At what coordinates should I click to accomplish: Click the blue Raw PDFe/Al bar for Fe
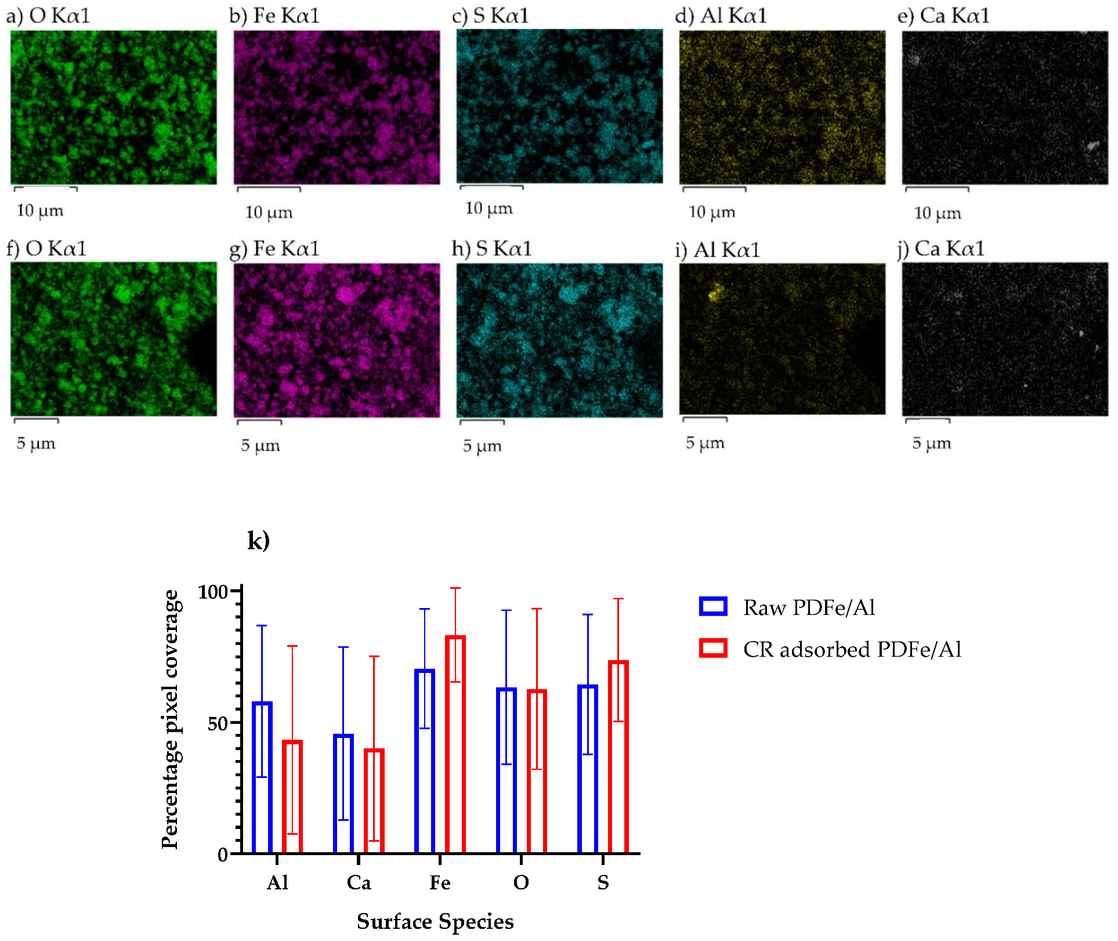tap(425, 760)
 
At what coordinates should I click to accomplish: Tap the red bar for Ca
tap(374, 801)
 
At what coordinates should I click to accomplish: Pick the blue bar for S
tap(588, 769)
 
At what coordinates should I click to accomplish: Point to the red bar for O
tap(537, 772)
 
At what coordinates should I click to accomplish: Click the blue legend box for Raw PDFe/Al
tap(713, 606)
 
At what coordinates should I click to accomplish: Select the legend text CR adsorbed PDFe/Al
tap(852, 649)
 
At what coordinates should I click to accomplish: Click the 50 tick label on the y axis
tap(218, 723)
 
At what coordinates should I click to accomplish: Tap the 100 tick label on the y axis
tap(213, 592)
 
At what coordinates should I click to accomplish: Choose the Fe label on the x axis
tap(440, 883)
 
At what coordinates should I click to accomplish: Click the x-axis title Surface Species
tap(435, 921)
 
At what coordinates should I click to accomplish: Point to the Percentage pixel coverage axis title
tap(171, 719)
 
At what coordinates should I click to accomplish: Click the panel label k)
tap(258, 540)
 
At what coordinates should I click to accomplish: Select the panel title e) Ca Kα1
tap(943, 16)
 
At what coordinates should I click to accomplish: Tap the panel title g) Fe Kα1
tap(274, 249)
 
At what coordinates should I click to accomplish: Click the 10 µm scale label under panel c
tap(489, 208)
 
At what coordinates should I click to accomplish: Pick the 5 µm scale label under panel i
tap(705, 443)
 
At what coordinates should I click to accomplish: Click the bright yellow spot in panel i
tap(716, 292)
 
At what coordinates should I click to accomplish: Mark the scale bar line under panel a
tap(45, 188)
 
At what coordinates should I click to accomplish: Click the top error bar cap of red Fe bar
tap(455, 588)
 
